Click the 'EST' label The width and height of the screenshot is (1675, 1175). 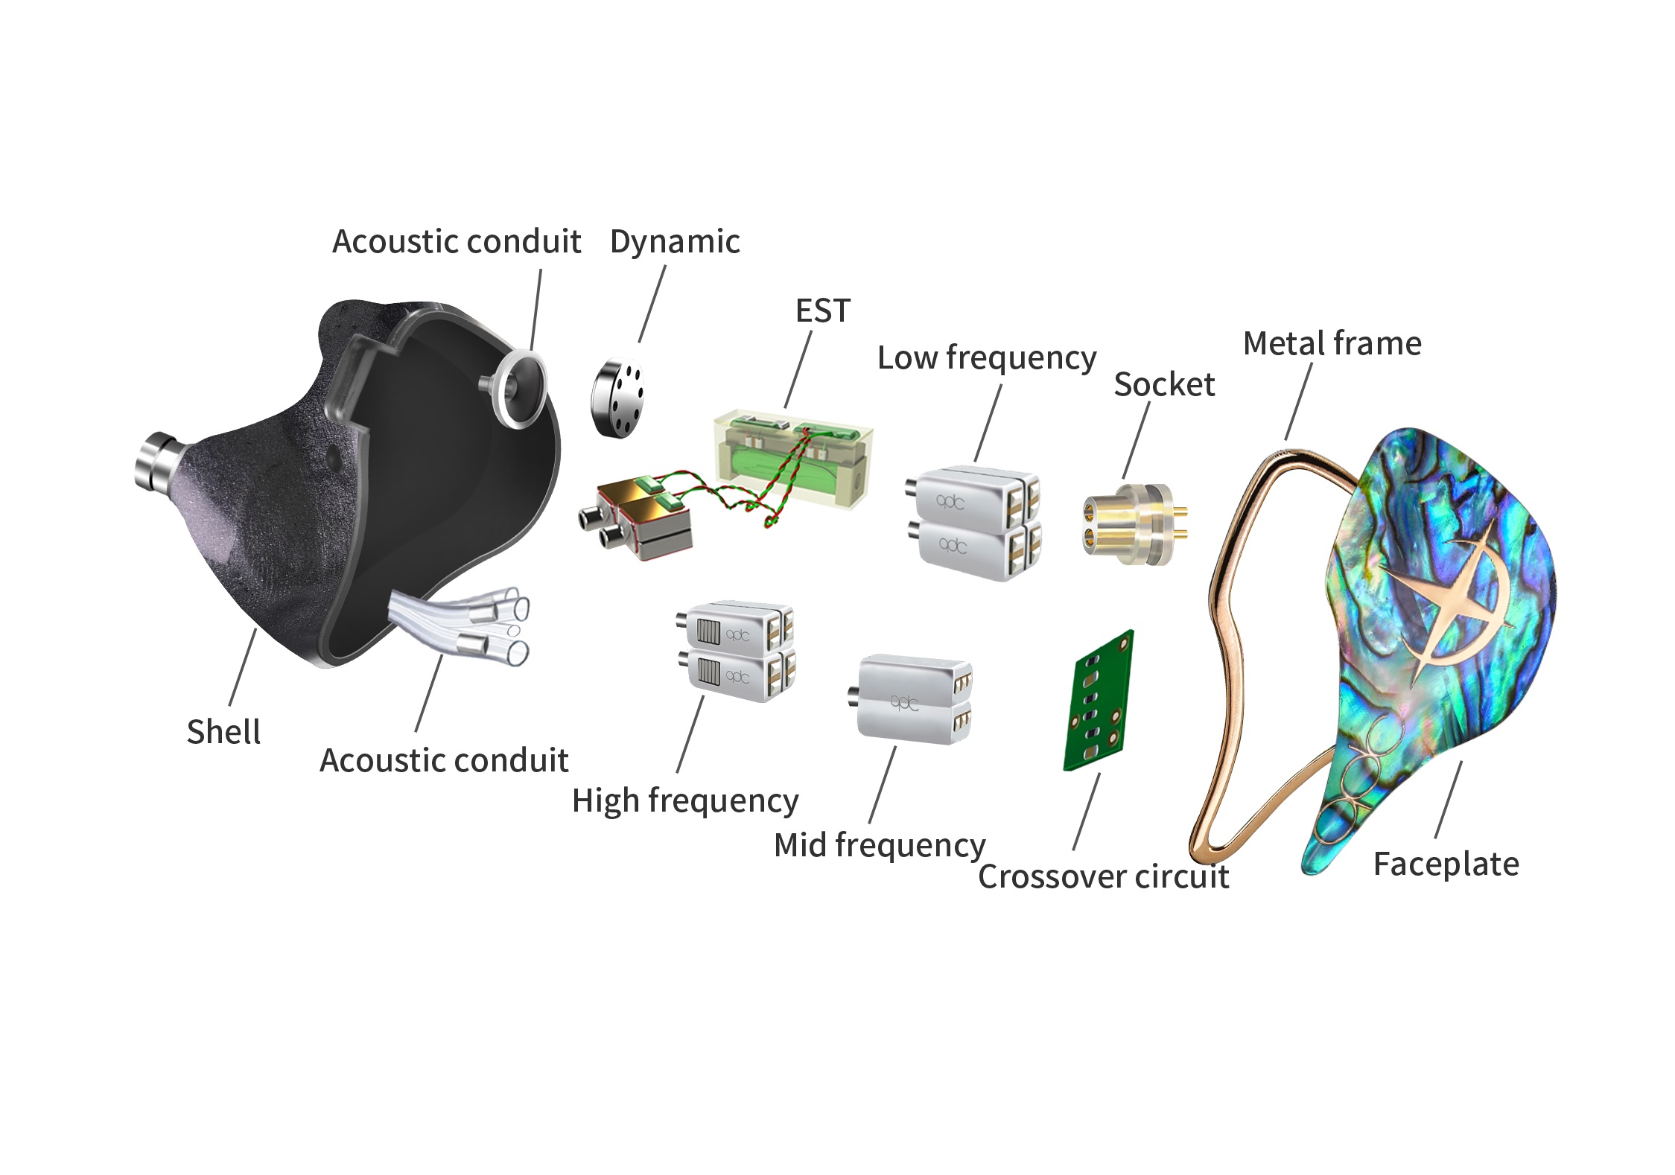click(822, 311)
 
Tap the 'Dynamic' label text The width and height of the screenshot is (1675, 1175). click(675, 241)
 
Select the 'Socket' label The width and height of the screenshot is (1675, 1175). click(1164, 384)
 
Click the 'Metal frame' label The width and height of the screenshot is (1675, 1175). click(1332, 343)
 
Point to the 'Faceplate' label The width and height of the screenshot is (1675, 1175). click(1446, 864)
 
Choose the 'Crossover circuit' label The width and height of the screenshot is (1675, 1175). click(1103, 876)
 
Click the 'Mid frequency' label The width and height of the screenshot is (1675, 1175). click(880, 845)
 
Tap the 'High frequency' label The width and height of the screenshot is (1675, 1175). click(685, 800)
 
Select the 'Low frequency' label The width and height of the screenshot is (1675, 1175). click(987, 357)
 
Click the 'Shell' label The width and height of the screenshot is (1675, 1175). click(223, 732)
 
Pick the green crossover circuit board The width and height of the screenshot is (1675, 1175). click(1099, 701)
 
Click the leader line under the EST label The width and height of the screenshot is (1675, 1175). click(798, 369)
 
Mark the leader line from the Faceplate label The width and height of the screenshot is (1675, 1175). click(1448, 800)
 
